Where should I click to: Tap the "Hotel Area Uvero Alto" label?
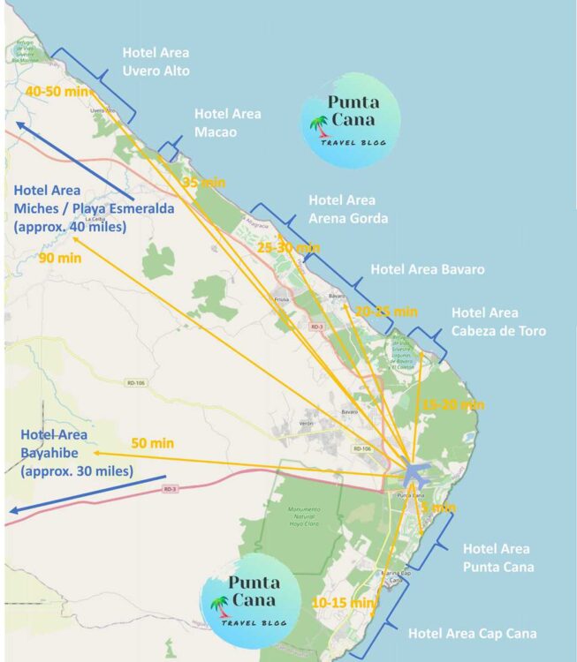coord(156,62)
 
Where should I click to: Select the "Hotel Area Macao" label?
coord(227,123)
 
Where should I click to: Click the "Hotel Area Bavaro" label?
coord(428,269)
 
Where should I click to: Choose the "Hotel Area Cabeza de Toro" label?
coord(497,322)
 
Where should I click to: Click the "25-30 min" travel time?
coord(288,248)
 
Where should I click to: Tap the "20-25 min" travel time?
coord(386,312)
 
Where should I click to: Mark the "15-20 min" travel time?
coord(453,404)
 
